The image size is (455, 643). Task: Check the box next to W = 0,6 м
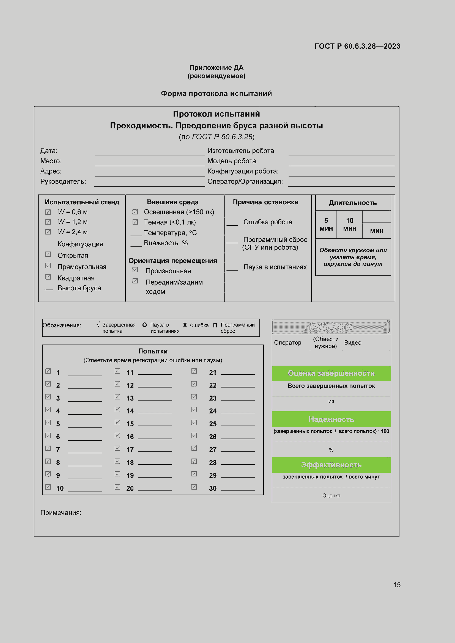point(48,212)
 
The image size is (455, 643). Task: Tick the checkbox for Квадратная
point(48,277)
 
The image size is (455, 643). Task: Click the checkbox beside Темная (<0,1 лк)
point(135,222)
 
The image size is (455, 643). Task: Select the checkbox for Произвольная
point(135,269)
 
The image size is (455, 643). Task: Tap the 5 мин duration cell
point(326,224)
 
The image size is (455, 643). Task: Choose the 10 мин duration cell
point(349,224)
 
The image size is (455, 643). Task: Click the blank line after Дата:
point(150,153)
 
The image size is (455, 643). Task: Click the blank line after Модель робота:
point(342,163)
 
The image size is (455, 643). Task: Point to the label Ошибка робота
point(268,222)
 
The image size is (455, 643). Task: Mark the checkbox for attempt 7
point(48,448)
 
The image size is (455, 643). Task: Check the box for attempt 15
point(117,422)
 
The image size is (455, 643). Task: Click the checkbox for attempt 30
point(194,487)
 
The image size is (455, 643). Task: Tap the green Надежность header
point(331,419)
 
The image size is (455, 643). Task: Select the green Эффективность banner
point(331,465)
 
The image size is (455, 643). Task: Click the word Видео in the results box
point(352,343)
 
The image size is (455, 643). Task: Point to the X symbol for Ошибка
point(185,325)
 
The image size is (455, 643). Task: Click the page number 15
point(397,585)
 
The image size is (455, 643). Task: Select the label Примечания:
point(61,512)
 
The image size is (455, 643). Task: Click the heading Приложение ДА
point(216,68)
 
